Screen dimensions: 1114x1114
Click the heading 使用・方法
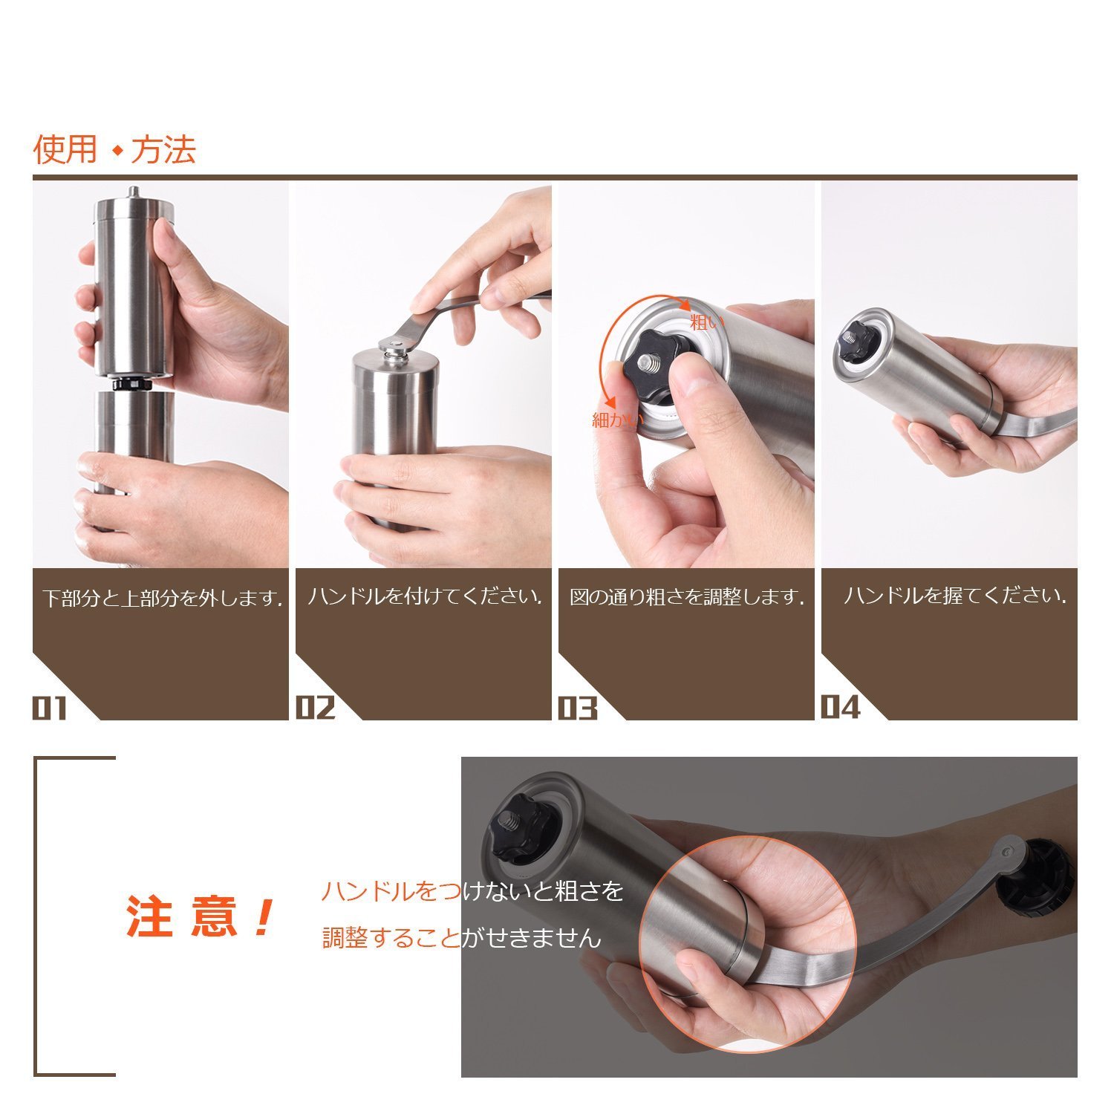pyautogui.click(x=114, y=149)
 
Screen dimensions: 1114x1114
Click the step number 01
pyautogui.click(x=50, y=709)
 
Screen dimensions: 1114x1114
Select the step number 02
pyautogui.click(x=316, y=708)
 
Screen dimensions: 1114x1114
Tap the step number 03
pyautogui.click(x=578, y=709)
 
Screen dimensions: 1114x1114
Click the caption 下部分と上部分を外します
pyautogui.click(x=163, y=598)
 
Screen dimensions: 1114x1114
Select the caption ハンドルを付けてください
pyautogui.click(x=424, y=596)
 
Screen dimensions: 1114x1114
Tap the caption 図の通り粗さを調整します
pyautogui.click(x=687, y=597)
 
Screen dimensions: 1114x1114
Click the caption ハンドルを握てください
pyautogui.click(x=954, y=596)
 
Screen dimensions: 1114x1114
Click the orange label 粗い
pyautogui.click(x=706, y=322)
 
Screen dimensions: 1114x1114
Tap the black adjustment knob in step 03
pyautogui.click(x=653, y=363)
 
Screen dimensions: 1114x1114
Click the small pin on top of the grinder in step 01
pyautogui.click(x=133, y=192)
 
